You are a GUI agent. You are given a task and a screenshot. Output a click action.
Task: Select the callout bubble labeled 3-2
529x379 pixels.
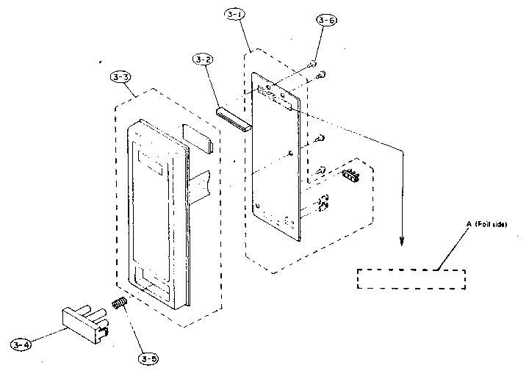point(204,59)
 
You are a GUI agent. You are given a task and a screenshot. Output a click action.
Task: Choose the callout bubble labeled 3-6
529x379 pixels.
point(326,21)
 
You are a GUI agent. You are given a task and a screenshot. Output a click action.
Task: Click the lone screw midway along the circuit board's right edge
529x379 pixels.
point(320,137)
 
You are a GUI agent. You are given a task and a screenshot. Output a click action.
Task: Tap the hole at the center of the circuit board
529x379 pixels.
point(292,153)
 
